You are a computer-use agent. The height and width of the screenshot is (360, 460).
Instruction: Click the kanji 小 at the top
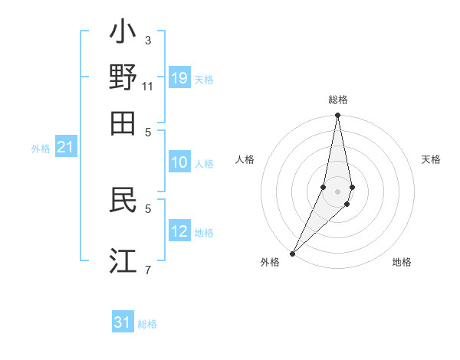[x=123, y=35]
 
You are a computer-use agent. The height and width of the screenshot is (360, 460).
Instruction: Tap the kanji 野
[x=123, y=78]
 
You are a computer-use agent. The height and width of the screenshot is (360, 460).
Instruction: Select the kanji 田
[x=123, y=122]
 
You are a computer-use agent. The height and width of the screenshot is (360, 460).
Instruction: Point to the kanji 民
[x=123, y=200]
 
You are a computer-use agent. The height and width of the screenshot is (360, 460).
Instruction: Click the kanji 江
[x=123, y=260]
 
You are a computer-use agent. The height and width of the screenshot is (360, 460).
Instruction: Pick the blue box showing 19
[x=179, y=78]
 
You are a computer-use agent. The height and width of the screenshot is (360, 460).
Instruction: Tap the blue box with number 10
[x=179, y=162]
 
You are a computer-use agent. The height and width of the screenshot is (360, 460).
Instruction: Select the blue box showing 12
[x=179, y=231]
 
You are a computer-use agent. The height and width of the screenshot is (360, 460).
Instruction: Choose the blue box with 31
[x=123, y=322]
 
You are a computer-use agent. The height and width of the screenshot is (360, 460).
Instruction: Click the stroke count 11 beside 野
[x=148, y=86]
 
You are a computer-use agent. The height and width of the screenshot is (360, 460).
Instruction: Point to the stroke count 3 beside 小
[x=148, y=40]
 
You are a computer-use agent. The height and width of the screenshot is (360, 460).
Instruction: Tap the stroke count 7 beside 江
[x=148, y=269]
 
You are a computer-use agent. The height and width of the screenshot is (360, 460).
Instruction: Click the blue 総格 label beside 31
[x=147, y=324]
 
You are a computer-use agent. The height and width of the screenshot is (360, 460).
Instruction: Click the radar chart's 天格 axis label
[x=431, y=159]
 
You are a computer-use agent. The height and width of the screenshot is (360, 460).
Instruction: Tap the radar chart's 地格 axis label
[x=402, y=262]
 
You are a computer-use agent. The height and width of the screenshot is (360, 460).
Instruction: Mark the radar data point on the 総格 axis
[x=337, y=116]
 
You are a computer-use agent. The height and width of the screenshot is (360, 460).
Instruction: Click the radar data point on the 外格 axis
[x=293, y=253]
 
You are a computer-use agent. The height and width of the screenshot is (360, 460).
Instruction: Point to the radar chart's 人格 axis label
[x=245, y=159]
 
